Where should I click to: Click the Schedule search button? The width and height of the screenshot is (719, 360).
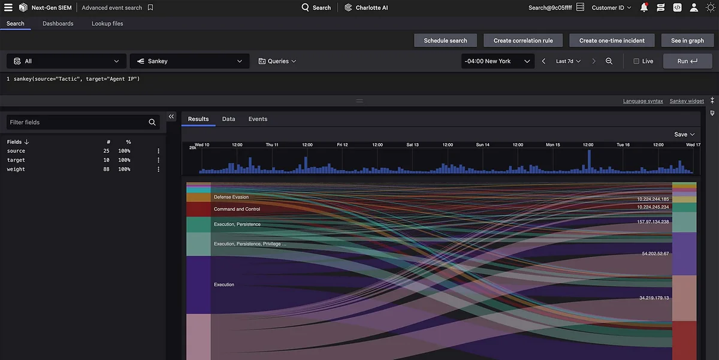445,41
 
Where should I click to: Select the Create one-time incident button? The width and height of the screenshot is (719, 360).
612,41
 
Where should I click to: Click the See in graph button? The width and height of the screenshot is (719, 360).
687,41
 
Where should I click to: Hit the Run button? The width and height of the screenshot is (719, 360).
687,61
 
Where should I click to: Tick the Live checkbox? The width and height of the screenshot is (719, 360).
636,61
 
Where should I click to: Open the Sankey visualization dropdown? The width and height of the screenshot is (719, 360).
189,61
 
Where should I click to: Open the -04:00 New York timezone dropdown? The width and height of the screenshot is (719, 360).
497,61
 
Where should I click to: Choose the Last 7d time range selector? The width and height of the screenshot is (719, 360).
568,61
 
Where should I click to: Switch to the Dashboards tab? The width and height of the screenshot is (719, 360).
58,23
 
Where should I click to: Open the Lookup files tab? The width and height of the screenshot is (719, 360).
107,23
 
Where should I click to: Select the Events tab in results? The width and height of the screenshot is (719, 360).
258,119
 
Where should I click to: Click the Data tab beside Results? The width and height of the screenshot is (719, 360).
228,119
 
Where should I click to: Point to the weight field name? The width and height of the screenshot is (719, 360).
16,170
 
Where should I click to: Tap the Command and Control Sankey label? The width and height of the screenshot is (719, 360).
237,210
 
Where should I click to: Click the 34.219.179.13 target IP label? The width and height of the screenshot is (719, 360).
654,298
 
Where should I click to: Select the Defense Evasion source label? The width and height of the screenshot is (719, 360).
231,197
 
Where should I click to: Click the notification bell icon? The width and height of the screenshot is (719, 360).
644,8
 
